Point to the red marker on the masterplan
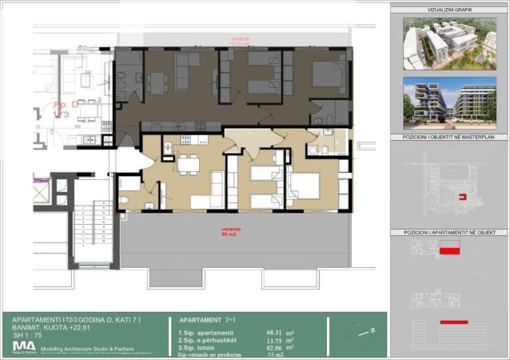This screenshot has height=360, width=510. (460, 195)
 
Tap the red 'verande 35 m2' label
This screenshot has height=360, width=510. (231, 231)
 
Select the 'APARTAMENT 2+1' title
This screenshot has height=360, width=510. (207, 318)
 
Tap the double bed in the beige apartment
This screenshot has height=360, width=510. (304, 187)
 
